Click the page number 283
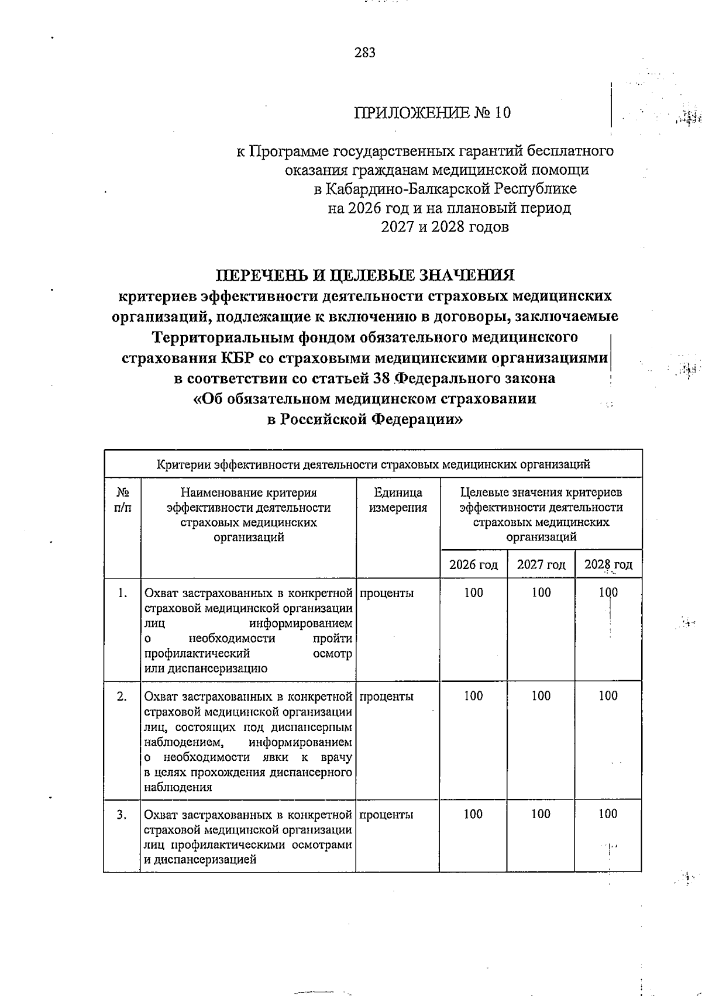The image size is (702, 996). point(364,53)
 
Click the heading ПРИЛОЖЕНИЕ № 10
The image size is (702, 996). point(432,112)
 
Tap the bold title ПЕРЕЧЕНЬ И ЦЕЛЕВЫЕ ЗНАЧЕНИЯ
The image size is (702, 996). point(366,275)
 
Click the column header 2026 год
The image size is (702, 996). point(473,565)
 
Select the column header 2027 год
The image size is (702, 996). point(541,565)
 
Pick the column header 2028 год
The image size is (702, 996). point(608,565)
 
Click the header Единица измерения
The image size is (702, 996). point(398,500)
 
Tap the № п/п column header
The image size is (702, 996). point(122,500)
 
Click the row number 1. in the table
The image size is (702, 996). point(122,593)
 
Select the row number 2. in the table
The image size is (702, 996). point(122,696)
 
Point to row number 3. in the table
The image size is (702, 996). point(122,814)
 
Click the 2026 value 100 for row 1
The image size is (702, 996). point(473,593)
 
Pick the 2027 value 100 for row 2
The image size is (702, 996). point(541,696)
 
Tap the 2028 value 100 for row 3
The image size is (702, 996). point(608,814)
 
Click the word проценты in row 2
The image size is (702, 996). point(387,696)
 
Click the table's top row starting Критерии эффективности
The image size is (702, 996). point(373,465)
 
